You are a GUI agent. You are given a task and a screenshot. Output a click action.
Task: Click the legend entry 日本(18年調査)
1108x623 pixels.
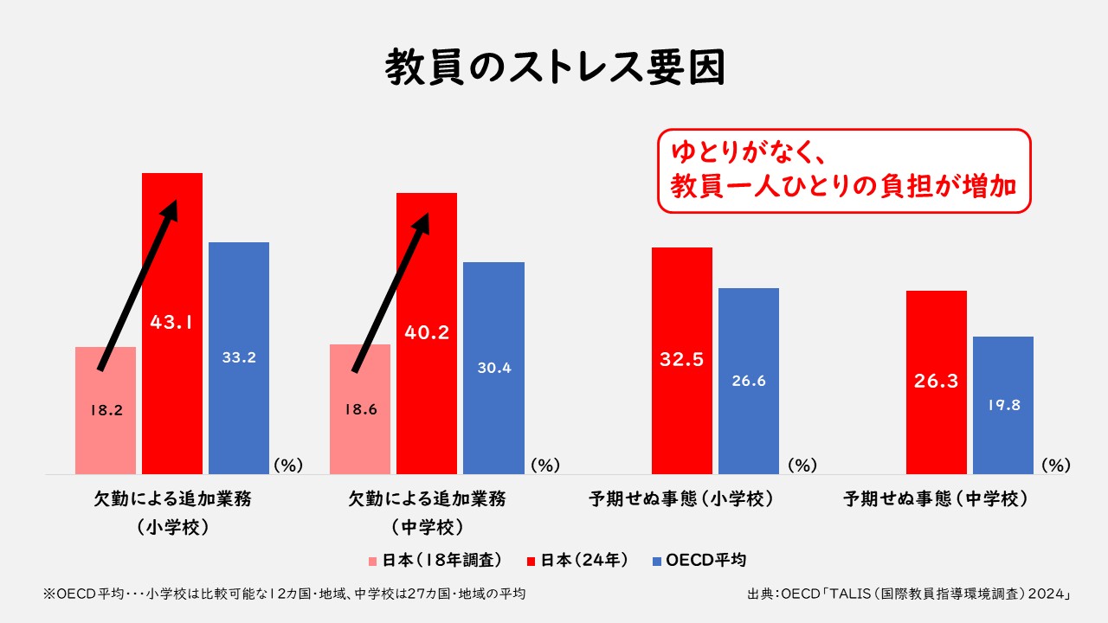coord(435,560)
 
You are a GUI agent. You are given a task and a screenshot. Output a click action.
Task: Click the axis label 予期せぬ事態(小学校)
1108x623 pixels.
coord(681,499)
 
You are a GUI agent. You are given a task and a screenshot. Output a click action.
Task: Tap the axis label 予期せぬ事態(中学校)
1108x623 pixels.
coord(936,499)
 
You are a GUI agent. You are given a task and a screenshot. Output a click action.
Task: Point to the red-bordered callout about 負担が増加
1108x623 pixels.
coord(844,170)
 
